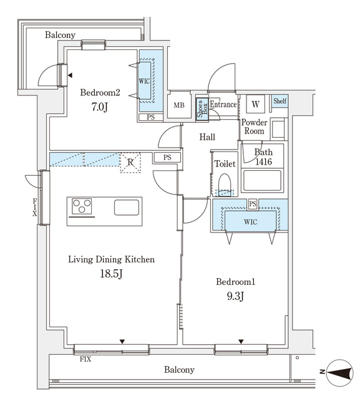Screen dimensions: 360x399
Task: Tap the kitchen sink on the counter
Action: click(127, 208)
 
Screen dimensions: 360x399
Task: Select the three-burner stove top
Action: click(82, 206)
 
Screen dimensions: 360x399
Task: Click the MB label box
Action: click(179, 105)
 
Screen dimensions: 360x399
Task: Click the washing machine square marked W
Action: click(255, 104)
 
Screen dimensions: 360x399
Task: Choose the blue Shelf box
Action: click(280, 101)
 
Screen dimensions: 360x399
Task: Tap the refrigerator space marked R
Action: click(130, 163)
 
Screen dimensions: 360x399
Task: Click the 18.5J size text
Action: click(112, 274)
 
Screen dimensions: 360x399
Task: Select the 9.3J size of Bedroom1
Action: click(235, 296)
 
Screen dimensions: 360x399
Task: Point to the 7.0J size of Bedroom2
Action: click(100, 107)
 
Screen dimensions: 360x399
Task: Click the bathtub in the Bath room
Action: click(262, 180)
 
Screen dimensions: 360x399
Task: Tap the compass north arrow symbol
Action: click(339, 373)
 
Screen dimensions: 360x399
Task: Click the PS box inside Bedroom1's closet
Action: click(253, 204)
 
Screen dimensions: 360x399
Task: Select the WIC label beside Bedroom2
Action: click(144, 82)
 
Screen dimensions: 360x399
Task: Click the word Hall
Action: click(207, 137)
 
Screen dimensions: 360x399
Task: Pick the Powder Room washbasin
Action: click(278, 129)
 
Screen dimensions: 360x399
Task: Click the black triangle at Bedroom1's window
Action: click(241, 342)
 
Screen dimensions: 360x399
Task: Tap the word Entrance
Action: click(223, 104)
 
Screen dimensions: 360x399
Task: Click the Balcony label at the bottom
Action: click(179, 370)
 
